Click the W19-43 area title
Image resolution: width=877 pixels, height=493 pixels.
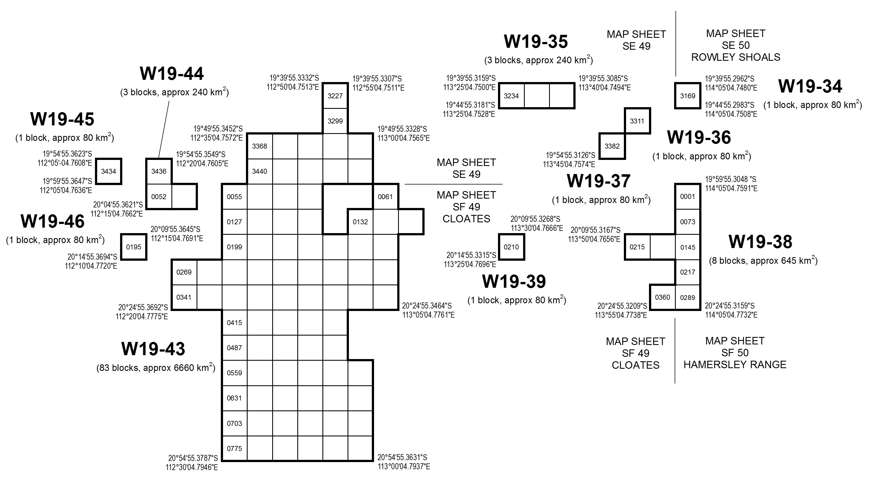(153, 349)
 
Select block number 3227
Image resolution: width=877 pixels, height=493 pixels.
(335, 96)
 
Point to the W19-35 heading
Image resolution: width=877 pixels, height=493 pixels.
(536, 41)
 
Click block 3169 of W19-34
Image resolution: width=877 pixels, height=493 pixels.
(688, 96)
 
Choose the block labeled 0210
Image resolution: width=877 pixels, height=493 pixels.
(511, 247)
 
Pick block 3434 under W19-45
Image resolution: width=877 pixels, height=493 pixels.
(108, 171)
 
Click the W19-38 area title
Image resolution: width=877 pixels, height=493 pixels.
(761, 242)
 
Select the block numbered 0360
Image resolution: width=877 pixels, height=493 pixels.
(663, 297)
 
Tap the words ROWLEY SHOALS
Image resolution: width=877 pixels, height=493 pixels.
(736, 57)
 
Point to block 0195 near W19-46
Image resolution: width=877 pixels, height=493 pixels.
(134, 247)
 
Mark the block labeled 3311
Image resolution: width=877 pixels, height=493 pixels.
(637, 121)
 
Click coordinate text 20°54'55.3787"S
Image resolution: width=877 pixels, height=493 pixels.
(193, 458)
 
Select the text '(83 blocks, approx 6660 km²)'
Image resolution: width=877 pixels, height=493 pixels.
(156, 368)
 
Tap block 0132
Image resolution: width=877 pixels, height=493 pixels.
(360, 222)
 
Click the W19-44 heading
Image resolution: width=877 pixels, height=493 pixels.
(172, 73)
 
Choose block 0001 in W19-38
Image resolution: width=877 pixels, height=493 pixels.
(687, 197)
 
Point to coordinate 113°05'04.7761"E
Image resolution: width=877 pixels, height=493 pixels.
(429, 315)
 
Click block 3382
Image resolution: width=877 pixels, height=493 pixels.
(612, 146)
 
